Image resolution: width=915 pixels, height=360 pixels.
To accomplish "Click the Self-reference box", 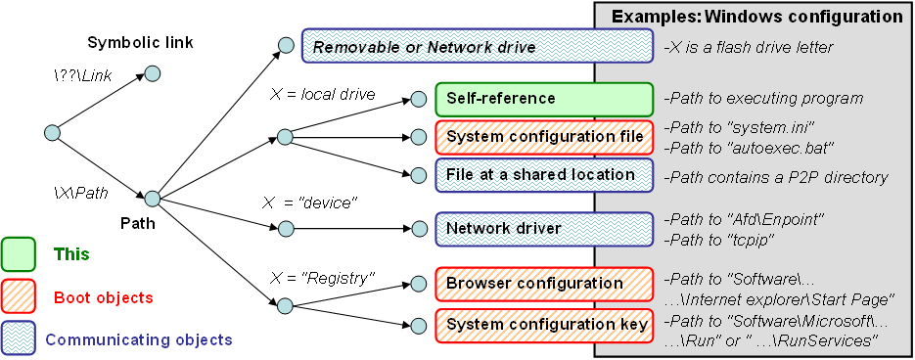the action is (x=544, y=99).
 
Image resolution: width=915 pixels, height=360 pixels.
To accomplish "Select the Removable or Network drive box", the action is (x=478, y=46).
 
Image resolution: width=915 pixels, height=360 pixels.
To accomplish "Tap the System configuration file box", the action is (x=544, y=137).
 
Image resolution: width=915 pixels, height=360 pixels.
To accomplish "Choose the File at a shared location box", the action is (x=544, y=174).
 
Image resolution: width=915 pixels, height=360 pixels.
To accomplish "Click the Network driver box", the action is (x=544, y=228).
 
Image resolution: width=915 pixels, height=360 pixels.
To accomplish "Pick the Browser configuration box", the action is (x=544, y=284).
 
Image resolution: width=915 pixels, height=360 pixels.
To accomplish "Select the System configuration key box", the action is (x=544, y=325).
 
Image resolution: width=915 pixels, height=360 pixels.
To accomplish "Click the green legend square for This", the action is (x=20, y=254).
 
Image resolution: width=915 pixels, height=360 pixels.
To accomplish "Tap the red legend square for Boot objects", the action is (x=20, y=297).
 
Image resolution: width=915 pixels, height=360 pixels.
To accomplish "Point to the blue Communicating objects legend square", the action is (x=20, y=338).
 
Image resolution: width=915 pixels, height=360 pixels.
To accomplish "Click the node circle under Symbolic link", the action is (x=153, y=74).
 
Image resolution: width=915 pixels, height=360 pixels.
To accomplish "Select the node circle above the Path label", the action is (x=153, y=199).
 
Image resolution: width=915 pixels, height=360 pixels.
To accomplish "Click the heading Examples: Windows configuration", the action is (x=756, y=17).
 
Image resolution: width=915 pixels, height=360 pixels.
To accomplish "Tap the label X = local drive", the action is (x=323, y=95).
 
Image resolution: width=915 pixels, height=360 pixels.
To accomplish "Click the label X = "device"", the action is (x=310, y=203).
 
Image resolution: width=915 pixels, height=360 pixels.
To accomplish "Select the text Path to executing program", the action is (x=763, y=98).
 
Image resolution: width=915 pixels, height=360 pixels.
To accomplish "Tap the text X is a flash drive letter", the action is (x=748, y=47).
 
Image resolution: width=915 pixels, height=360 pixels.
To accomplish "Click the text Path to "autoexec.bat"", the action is (x=748, y=147).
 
